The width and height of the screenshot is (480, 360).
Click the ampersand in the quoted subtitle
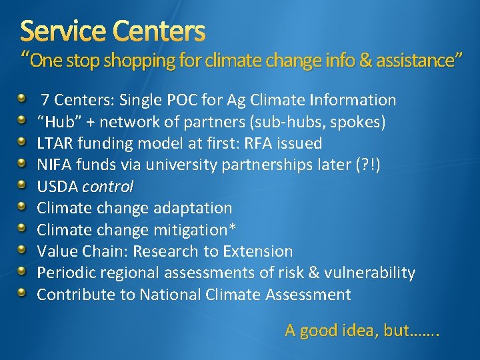(366, 61)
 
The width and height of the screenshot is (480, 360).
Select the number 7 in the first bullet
(45, 101)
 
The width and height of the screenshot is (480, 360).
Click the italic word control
(108, 187)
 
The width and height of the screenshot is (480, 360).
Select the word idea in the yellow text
(361, 330)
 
